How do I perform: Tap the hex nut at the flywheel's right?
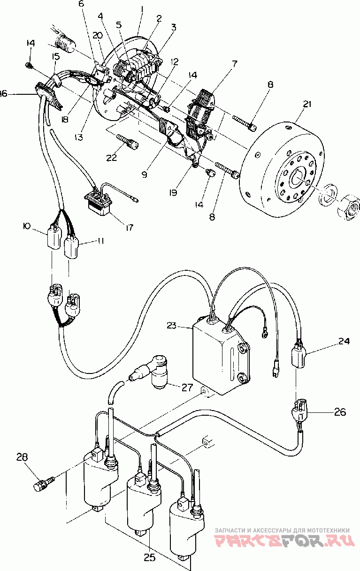click(x=348, y=208)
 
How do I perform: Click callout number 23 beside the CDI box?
click(x=171, y=326)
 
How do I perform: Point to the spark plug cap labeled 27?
click(x=150, y=375)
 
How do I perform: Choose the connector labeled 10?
click(x=54, y=236)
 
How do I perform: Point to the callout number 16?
click(x=4, y=94)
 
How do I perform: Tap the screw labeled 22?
click(x=128, y=142)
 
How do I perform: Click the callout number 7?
click(x=234, y=64)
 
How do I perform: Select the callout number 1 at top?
click(x=142, y=11)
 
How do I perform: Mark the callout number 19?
click(x=173, y=193)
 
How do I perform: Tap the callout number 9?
click(x=145, y=175)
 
